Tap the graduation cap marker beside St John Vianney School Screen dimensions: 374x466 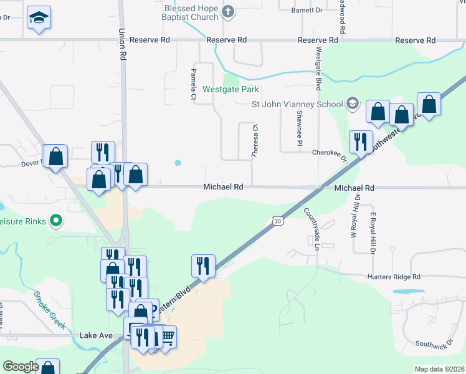click(353, 103)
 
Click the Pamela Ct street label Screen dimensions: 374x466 click(193, 88)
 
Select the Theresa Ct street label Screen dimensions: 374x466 click(255, 141)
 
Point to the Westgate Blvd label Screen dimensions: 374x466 click(318, 69)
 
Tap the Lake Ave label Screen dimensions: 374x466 click(96, 335)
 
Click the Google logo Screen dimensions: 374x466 click(21, 367)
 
